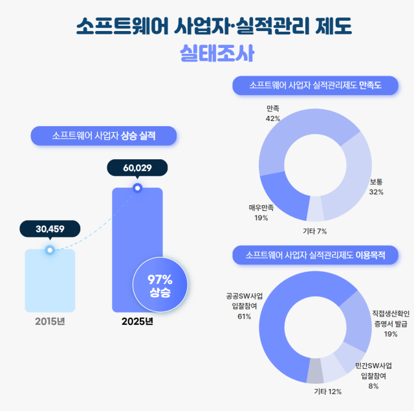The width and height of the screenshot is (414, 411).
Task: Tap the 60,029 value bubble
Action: point(137,168)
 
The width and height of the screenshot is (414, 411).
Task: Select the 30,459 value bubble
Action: point(50,228)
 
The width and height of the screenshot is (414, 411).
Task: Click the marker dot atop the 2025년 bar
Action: point(136,188)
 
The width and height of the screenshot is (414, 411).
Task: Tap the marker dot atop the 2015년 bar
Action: point(50,250)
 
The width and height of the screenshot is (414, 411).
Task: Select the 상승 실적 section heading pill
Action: point(103,136)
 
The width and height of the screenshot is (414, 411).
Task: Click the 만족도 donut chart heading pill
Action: point(315,85)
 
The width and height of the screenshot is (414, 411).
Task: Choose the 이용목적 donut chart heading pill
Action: point(315,255)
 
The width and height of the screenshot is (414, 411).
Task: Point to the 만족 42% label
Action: point(272,113)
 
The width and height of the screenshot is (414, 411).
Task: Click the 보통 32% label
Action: point(376,187)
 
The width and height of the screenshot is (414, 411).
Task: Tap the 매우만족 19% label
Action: point(261,213)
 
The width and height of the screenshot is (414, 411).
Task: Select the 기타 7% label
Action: point(315,231)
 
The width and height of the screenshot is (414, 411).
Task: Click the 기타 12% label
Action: point(327,392)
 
